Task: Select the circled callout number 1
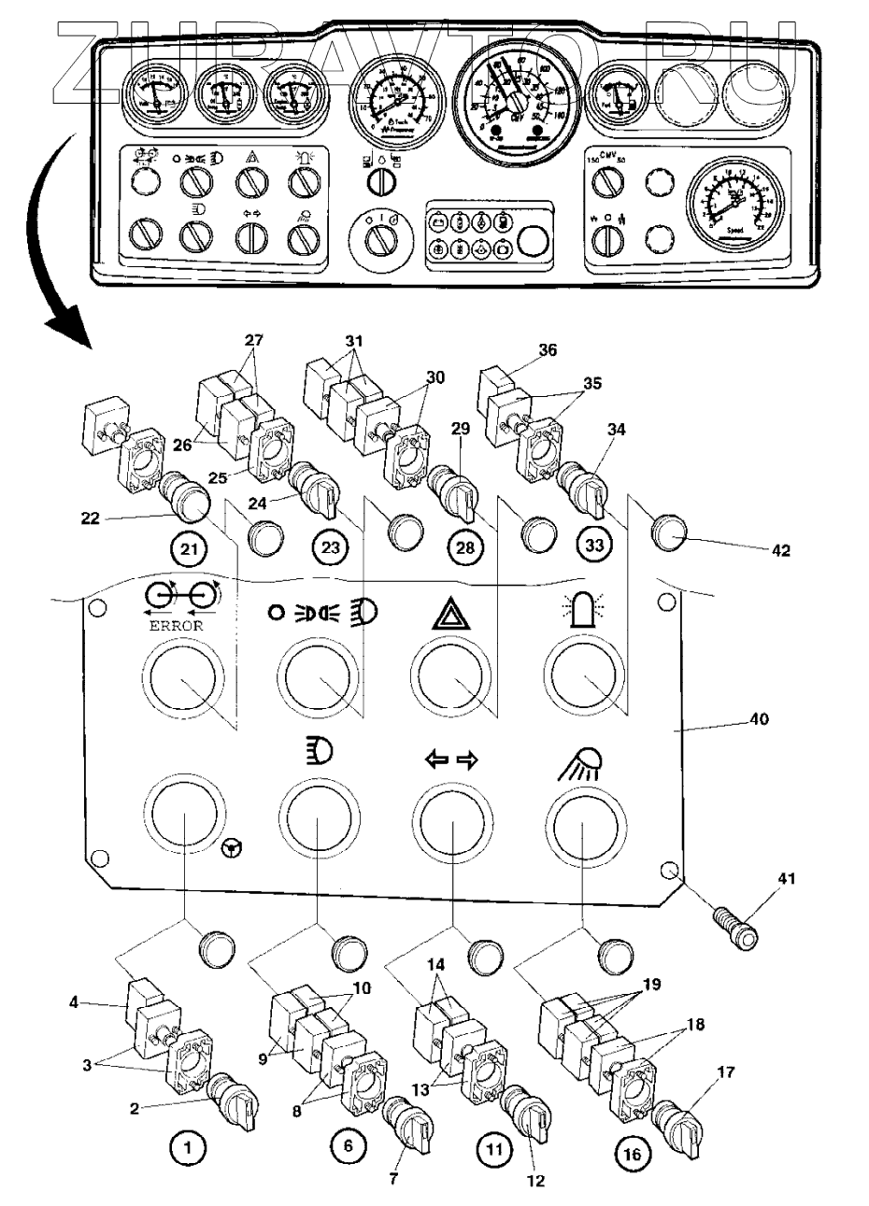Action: pyautogui.click(x=189, y=1150)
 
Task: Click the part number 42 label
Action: pyautogui.click(x=780, y=551)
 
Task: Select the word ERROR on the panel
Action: pyautogui.click(x=176, y=626)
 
